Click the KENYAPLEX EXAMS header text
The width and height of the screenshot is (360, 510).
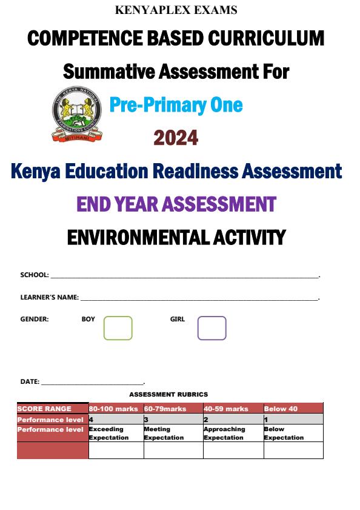click(176, 10)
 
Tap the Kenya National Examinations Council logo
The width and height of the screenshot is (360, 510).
click(76, 114)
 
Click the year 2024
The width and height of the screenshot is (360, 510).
click(176, 138)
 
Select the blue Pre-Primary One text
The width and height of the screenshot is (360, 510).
click(176, 105)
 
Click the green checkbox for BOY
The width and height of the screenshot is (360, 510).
click(118, 328)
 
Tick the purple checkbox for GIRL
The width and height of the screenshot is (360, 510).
click(212, 328)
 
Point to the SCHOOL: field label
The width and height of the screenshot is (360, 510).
click(35, 275)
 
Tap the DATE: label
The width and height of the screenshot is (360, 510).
click(30, 382)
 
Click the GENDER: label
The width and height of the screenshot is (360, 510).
click(35, 319)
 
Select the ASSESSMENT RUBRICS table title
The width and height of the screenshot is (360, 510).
click(168, 395)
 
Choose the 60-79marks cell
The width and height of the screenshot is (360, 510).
click(165, 409)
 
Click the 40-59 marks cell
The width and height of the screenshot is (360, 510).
click(226, 409)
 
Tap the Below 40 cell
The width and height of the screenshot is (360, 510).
click(281, 409)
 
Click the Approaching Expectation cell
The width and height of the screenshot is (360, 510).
click(224, 433)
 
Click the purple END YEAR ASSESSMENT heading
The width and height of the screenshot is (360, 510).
click(176, 204)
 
